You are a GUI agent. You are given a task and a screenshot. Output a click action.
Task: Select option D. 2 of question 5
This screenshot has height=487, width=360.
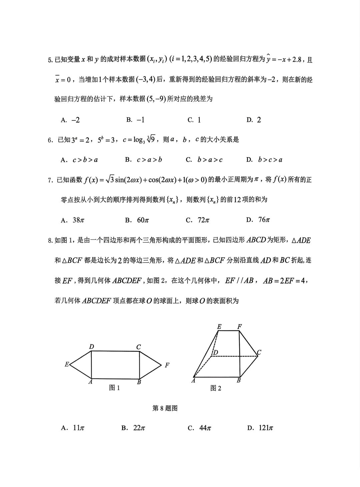tap(254, 120)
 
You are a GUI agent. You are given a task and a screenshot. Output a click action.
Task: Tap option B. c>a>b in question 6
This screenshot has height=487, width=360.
tap(144, 160)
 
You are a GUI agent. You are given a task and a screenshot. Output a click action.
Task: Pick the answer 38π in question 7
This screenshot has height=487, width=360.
tap(72, 220)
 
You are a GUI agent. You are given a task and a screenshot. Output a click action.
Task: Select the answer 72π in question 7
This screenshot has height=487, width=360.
tap(198, 220)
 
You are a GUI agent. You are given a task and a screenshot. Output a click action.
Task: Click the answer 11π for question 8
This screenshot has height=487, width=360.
tap(73, 428)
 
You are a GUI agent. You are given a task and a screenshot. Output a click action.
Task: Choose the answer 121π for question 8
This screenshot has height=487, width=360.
tap(260, 428)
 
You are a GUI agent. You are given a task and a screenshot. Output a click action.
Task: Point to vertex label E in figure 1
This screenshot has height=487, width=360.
tap(67, 365)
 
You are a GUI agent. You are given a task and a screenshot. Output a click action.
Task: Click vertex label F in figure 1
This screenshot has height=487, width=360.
tap(167, 365)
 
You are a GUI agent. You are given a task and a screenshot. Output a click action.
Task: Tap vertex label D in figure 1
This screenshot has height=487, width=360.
tap(91, 347)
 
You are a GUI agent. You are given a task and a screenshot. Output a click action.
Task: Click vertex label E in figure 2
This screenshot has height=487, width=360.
tap(219, 327)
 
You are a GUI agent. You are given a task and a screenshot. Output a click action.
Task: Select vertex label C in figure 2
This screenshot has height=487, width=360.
tap(259, 352)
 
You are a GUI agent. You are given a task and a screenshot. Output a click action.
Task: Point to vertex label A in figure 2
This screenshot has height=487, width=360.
tap(193, 381)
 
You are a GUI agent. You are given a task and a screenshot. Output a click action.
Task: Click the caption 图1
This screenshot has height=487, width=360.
tap(114, 388)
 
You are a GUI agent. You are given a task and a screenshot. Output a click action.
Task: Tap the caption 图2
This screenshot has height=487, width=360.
tap(216, 388)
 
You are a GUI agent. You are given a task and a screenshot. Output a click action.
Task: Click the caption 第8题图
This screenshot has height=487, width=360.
tap(165, 408)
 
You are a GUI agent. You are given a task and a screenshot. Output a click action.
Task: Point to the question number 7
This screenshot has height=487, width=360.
tap(50, 180)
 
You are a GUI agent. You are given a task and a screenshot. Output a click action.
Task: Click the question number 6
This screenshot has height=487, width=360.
tap(50, 140)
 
